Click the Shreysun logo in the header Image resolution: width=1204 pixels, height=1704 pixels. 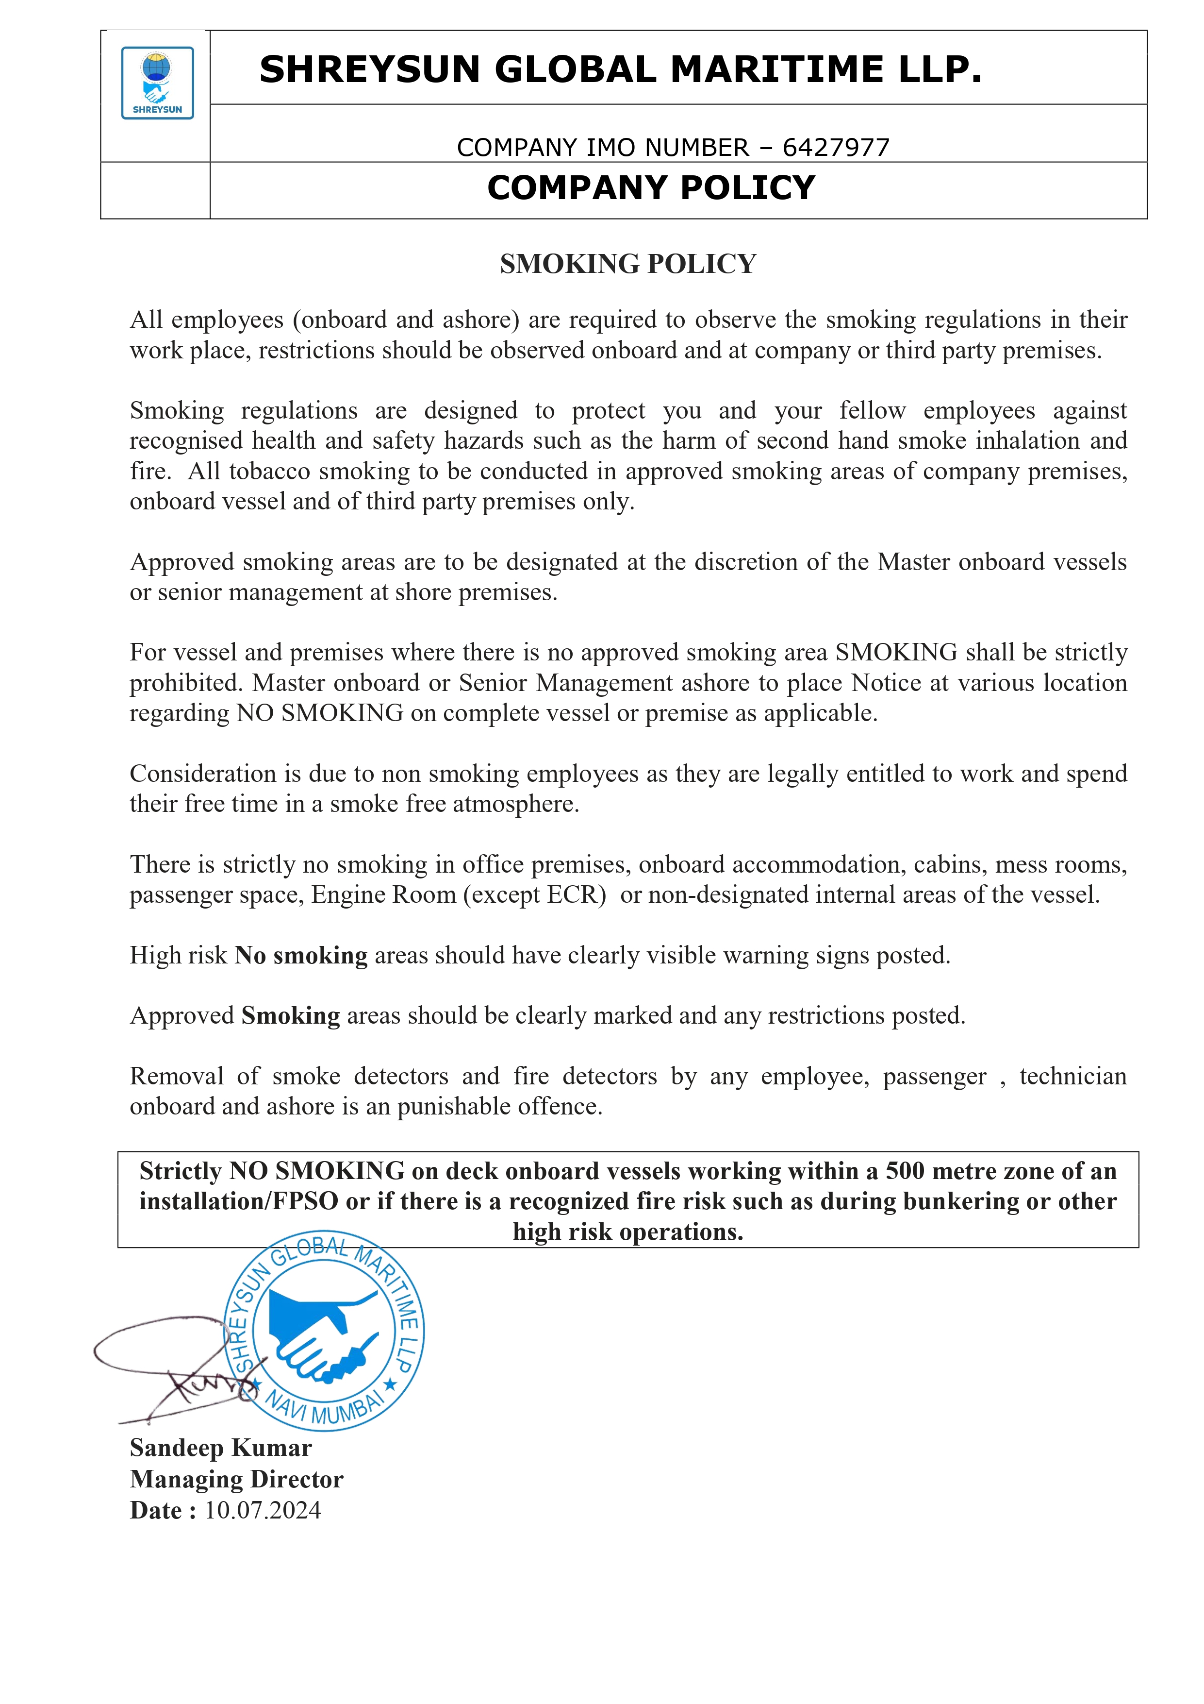pos(157,83)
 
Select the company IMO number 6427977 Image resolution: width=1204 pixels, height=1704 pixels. pos(836,148)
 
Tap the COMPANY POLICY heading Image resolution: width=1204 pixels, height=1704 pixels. pos(651,188)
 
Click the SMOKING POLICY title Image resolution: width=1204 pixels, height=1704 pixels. pos(627,264)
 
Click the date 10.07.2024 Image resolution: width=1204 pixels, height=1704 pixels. pos(263,1510)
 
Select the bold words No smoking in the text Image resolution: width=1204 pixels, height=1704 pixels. pos(301,955)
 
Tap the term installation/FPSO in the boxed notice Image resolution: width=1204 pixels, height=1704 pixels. pos(238,1201)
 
